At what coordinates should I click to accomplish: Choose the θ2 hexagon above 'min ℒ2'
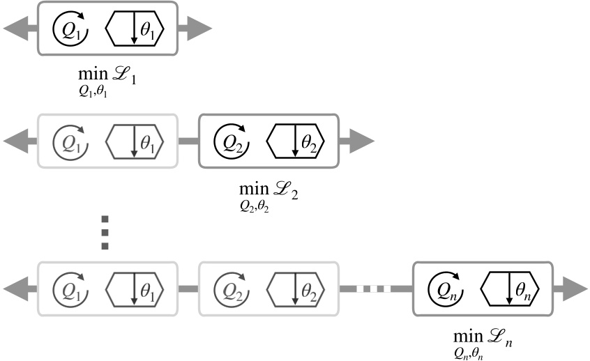point(296,141)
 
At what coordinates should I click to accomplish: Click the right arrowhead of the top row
point(196,29)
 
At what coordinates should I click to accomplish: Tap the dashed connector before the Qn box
point(375,287)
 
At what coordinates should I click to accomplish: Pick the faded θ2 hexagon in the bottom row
point(296,287)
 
